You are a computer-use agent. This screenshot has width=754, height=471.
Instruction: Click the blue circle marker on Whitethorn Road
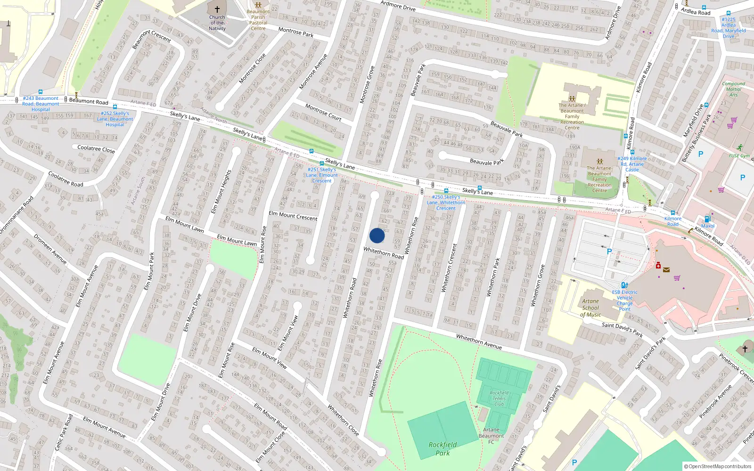pos(377,235)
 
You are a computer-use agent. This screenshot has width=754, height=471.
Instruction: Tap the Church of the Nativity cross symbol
pos(217,9)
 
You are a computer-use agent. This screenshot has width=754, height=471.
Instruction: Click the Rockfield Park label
pos(443,448)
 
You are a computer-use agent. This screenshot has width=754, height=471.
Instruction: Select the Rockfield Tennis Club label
pos(499,398)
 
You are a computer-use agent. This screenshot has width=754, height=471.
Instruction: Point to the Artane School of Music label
pos(590,308)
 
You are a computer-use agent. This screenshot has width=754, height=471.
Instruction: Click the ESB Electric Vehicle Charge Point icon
pos(624,285)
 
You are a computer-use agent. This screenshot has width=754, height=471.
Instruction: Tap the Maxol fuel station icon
pos(707,219)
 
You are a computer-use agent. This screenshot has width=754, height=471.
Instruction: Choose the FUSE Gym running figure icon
pos(740,147)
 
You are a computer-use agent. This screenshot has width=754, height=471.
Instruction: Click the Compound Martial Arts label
pos(733,89)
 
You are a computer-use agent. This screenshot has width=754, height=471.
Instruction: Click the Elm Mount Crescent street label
pos(293,216)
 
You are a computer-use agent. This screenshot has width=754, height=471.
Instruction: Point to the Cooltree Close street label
pos(96,149)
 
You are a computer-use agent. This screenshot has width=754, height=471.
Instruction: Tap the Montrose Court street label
pos(323,112)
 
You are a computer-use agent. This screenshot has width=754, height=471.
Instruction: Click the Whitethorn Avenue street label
pos(479,341)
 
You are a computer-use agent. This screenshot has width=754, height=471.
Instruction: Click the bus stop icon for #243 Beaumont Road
pos(41,92)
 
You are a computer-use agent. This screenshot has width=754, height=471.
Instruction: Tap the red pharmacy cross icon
pos(658,266)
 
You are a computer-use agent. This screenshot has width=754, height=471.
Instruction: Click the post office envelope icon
pos(666,270)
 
